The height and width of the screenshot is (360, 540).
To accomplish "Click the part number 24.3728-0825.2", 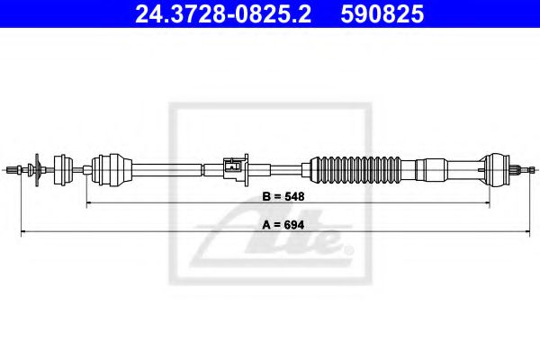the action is (x=223, y=14).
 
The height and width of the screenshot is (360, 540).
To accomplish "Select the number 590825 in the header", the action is (x=382, y=14).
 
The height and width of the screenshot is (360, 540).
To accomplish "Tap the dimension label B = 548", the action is (x=283, y=196).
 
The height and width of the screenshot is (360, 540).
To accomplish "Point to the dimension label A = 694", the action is (x=283, y=225).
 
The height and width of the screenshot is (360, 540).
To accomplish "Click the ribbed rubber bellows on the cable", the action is (x=355, y=170).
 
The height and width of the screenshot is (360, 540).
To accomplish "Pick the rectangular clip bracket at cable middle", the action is (x=236, y=169).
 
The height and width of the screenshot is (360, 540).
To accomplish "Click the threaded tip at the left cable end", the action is (x=13, y=169).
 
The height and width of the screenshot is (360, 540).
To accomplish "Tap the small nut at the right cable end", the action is (x=532, y=169).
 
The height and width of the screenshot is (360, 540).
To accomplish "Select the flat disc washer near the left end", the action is (x=37, y=170).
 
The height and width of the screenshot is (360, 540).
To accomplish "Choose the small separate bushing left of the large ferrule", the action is (x=63, y=170).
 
